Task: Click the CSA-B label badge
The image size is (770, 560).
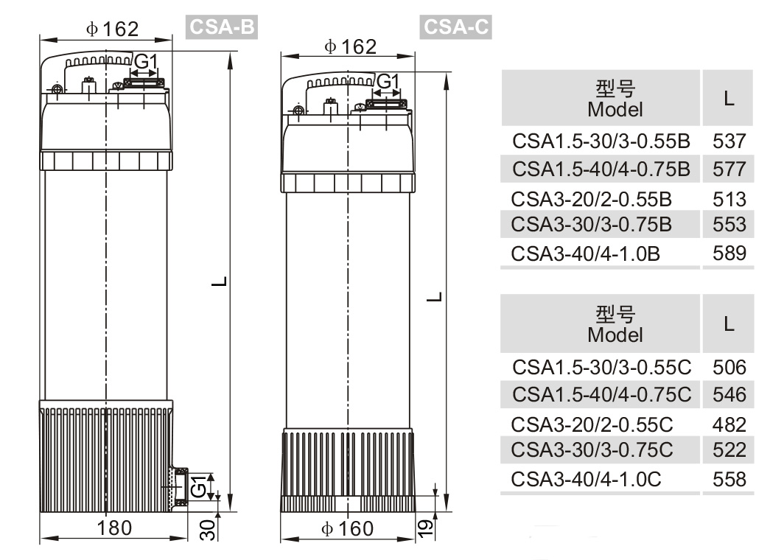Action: (x=220, y=27)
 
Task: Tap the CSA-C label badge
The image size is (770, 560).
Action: (x=456, y=27)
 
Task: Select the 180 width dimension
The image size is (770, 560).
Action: (x=114, y=528)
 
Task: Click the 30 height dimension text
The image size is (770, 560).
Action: (x=209, y=529)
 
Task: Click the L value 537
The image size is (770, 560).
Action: (x=729, y=141)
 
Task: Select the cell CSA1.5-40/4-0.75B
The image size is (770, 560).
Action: (x=601, y=169)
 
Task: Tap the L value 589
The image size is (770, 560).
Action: (x=729, y=253)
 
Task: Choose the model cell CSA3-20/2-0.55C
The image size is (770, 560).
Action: (x=592, y=424)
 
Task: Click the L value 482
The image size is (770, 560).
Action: (x=729, y=424)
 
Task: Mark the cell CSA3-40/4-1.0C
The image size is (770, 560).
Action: (x=586, y=479)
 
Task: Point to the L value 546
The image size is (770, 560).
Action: (x=729, y=395)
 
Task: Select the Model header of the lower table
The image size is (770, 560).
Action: (x=615, y=324)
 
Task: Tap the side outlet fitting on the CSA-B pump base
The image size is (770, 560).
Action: (x=178, y=487)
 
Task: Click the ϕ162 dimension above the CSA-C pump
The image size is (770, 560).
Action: (x=350, y=47)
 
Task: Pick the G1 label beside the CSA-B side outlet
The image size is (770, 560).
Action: (x=197, y=487)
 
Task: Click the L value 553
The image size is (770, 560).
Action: (x=729, y=224)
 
